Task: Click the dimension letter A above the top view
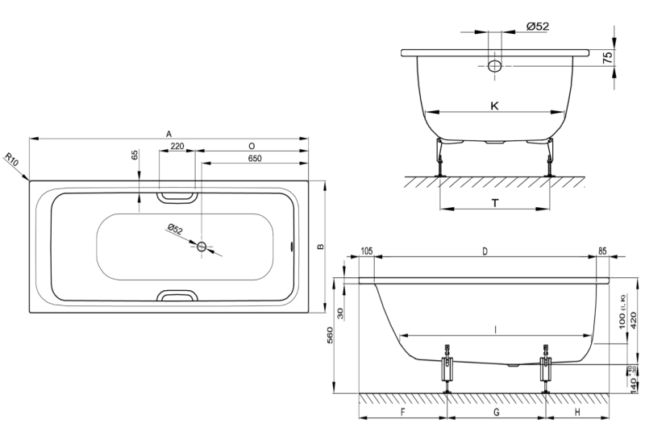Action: click(169, 132)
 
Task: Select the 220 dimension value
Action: click(177, 146)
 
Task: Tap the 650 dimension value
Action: click(254, 158)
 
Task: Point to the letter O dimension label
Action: click(252, 146)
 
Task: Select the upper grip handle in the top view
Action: click(176, 196)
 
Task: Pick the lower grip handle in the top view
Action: click(176, 295)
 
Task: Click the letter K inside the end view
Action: click(494, 106)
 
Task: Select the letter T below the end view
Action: click(494, 203)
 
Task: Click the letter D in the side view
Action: click(485, 251)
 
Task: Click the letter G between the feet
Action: click(496, 412)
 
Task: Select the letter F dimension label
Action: click(402, 412)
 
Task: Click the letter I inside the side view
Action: click(495, 329)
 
